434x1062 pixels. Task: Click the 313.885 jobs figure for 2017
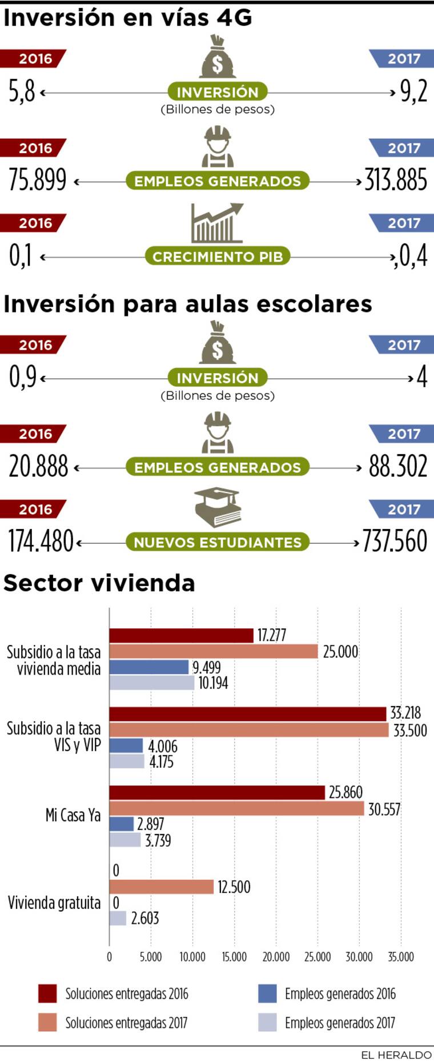(x=395, y=181)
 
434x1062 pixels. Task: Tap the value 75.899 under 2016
(x=38, y=181)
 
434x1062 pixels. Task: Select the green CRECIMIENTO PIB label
(x=218, y=257)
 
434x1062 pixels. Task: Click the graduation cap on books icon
(x=217, y=507)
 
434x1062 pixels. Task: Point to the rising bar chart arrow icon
(x=217, y=223)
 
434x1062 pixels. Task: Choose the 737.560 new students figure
(x=395, y=541)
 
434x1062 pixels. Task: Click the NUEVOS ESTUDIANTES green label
(x=218, y=542)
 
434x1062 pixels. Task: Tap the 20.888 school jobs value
(x=38, y=467)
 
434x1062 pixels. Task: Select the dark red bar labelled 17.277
(x=181, y=636)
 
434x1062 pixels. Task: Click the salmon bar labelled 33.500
(x=248, y=730)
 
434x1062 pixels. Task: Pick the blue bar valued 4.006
(x=126, y=746)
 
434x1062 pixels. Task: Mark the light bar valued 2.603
(x=118, y=918)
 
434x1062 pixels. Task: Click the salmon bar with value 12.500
(x=161, y=887)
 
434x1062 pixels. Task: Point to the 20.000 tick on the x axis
(x=276, y=957)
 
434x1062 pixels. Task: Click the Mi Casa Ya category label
(x=73, y=815)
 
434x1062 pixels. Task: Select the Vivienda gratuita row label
(x=54, y=903)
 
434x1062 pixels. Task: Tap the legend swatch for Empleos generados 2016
(x=267, y=993)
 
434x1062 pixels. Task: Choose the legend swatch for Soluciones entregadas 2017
(x=47, y=1023)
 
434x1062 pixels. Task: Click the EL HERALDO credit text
(x=396, y=1055)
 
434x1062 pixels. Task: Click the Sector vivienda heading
(x=99, y=583)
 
